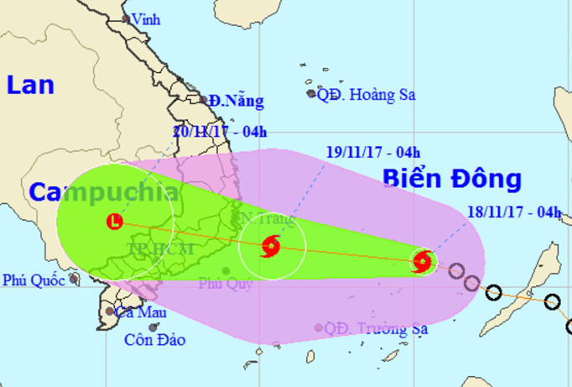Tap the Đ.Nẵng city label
click(x=237, y=102)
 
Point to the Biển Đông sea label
click(x=451, y=179)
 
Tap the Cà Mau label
click(x=140, y=312)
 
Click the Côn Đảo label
click(x=155, y=340)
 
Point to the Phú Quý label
click(x=224, y=284)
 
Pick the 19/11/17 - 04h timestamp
click(x=373, y=153)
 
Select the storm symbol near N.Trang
click(x=271, y=246)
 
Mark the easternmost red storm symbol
click(x=424, y=261)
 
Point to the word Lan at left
click(x=31, y=85)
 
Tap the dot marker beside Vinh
click(x=126, y=18)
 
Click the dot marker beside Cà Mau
click(x=109, y=311)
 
